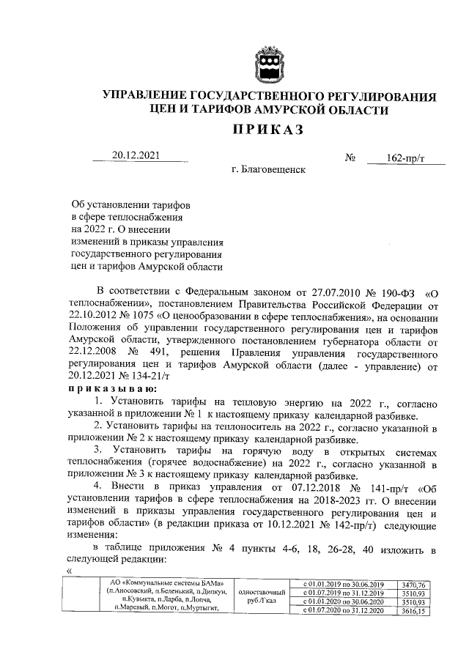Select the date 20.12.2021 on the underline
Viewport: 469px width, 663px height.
point(136,155)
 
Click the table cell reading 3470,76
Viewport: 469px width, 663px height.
point(418,584)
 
